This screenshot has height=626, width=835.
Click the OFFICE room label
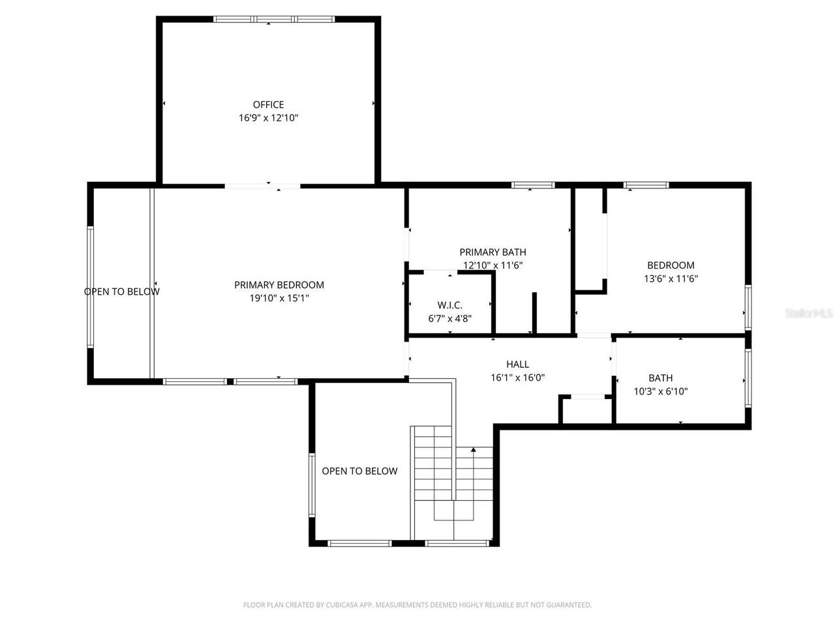pyautogui.click(x=268, y=104)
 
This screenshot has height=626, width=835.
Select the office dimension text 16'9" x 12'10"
pyautogui.click(x=268, y=118)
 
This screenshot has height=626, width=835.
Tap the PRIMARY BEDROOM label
pyautogui.click(x=279, y=285)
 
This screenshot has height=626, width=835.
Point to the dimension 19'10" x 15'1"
pyautogui.click(x=279, y=298)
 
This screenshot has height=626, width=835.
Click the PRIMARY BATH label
pyautogui.click(x=493, y=252)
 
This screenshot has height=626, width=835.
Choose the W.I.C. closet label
pyautogui.click(x=449, y=305)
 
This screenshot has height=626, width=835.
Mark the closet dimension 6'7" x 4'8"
pyautogui.click(x=449, y=318)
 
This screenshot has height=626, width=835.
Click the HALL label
pyautogui.click(x=517, y=365)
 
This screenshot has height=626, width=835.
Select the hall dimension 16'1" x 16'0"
pyautogui.click(x=517, y=378)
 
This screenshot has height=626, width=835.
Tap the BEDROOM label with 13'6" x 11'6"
pyautogui.click(x=671, y=265)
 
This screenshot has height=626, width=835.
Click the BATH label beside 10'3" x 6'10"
pyautogui.click(x=660, y=378)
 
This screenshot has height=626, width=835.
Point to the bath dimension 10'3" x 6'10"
pyautogui.click(x=660, y=391)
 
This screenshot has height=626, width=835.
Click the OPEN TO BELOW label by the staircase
pyautogui.click(x=359, y=471)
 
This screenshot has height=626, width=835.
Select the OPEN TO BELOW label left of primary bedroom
pyautogui.click(x=121, y=291)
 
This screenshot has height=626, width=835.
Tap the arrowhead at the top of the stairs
pyautogui.click(x=473, y=449)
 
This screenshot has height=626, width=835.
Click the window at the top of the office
pyautogui.click(x=274, y=20)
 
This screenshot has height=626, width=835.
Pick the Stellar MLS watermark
pyautogui.click(x=809, y=314)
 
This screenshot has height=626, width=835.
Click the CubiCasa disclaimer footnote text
pyautogui.click(x=417, y=605)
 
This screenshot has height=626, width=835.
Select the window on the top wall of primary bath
pyautogui.click(x=532, y=185)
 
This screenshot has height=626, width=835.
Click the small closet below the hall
pyautogui.click(x=587, y=410)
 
